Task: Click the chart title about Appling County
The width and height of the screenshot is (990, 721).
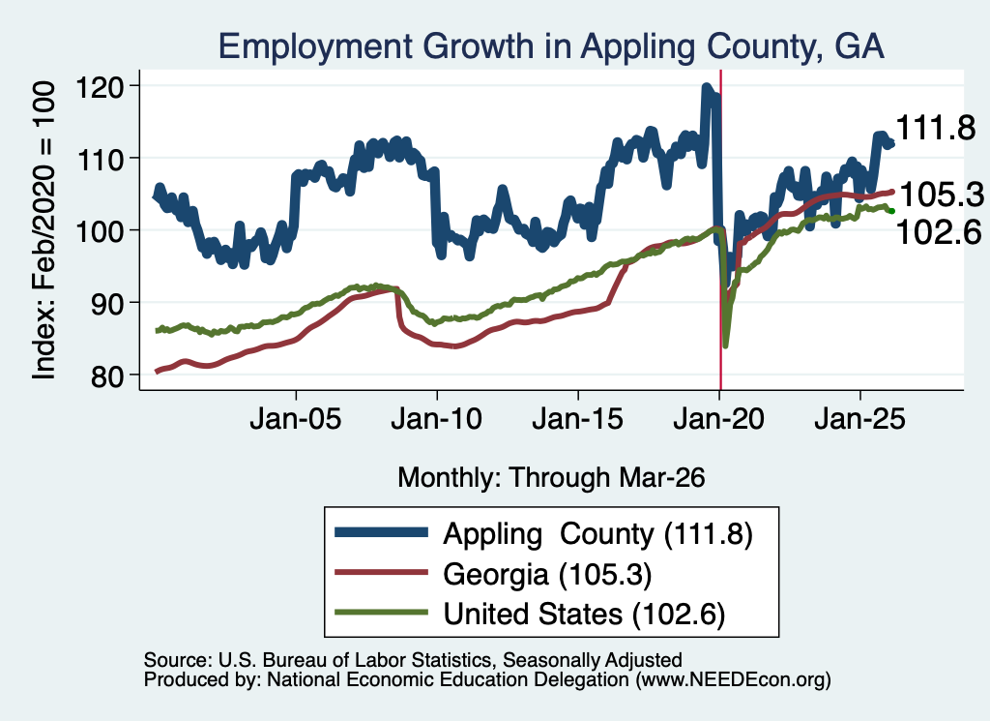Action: [x=550, y=46]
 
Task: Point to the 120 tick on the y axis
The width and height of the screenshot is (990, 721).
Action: [x=99, y=86]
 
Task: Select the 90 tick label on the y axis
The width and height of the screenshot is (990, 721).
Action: [x=106, y=303]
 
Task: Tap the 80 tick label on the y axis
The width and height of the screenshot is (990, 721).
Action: [x=106, y=376]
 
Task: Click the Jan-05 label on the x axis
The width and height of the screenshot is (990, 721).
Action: [x=296, y=419]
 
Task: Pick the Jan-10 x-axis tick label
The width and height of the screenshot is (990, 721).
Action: [x=436, y=419]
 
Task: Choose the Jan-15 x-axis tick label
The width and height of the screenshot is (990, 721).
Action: [x=578, y=419]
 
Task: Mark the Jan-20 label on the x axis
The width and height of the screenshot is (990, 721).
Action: [x=718, y=419]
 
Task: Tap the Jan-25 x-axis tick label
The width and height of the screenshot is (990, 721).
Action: [x=859, y=419]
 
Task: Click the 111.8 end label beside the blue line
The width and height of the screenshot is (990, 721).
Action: [x=936, y=129]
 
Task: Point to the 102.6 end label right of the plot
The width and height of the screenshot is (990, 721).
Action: [x=939, y=232]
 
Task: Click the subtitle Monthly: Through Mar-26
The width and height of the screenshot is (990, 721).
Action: [x=551, y=478]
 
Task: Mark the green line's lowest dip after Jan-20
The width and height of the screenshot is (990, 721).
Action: [x=725, y=345]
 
